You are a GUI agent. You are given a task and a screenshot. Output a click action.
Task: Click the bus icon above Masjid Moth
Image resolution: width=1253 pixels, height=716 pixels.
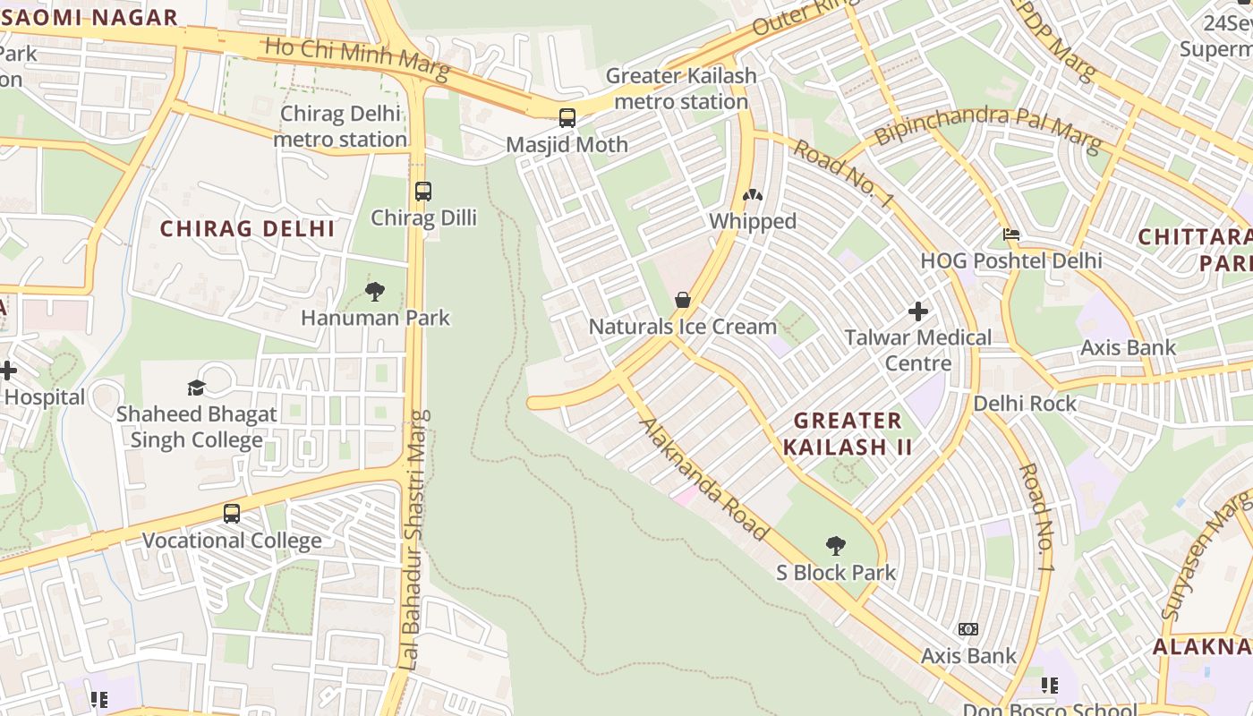coord(567,117)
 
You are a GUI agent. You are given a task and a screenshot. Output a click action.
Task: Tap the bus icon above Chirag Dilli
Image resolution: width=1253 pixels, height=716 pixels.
coord(423,191)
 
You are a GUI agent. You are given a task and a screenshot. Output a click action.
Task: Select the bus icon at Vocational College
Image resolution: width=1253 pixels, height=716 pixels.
coord(232,514)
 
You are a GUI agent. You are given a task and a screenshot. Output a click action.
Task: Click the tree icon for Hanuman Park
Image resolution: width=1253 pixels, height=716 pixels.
coord(375,291)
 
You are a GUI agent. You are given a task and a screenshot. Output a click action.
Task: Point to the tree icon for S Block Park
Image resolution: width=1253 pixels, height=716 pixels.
coord(836,545)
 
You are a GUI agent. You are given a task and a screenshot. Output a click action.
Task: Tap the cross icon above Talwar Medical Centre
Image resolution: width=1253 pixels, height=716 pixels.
coord(918,311)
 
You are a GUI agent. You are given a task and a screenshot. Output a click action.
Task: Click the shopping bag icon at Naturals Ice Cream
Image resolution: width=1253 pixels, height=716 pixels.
coord(683,299)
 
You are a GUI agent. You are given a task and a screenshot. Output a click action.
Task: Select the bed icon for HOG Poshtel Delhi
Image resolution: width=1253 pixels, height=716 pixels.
coord(1011,234)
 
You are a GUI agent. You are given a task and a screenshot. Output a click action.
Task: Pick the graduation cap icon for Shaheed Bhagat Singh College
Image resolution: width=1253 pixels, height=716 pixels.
coord(196,387)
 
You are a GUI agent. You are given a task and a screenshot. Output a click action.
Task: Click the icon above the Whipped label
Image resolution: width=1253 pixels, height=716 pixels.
coord(753,194)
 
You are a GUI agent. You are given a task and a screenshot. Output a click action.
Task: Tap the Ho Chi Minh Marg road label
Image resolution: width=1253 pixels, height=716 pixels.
coord(357,59)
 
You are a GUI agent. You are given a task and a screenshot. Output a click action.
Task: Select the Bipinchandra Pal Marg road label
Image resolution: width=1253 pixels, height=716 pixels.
coord(987,126)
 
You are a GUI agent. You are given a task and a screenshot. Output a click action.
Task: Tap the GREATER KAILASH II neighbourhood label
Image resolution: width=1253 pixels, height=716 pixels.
coord(848,433)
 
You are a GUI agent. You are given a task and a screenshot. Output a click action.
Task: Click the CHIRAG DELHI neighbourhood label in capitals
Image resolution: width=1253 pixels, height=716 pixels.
coord(248,228)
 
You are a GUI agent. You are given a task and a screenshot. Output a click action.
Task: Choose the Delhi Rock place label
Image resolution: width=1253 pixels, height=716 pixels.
coord(1026,404)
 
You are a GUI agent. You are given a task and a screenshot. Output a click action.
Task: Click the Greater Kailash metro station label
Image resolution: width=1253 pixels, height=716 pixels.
coord(681,89)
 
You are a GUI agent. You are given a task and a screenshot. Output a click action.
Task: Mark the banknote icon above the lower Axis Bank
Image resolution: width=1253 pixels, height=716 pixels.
coord(968,629)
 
